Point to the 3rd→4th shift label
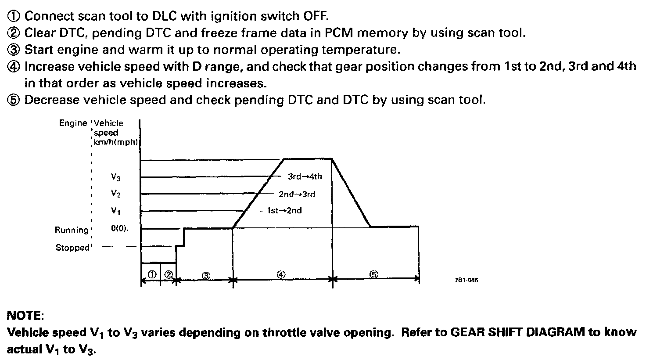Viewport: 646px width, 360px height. click(305, 176)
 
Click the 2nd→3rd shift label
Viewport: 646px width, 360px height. click(297, 194)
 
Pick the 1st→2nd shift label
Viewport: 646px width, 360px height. click(284, 210)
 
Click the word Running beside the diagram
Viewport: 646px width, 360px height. click(72, 230)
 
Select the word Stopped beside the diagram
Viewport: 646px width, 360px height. click(72, 248)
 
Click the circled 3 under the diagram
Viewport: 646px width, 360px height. click(206, 275)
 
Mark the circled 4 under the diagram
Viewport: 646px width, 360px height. click(281, 274)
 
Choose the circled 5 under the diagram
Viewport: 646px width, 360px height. click(373, 274)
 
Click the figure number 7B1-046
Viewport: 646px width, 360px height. click(467, 281)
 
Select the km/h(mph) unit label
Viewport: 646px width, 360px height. click(117, 141)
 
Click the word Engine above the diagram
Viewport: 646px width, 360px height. click(73, 123)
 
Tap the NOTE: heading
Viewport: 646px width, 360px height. click(25, 316)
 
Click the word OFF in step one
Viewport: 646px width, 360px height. click(315, 17)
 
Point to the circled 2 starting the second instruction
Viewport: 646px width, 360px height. click(14, 33)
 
